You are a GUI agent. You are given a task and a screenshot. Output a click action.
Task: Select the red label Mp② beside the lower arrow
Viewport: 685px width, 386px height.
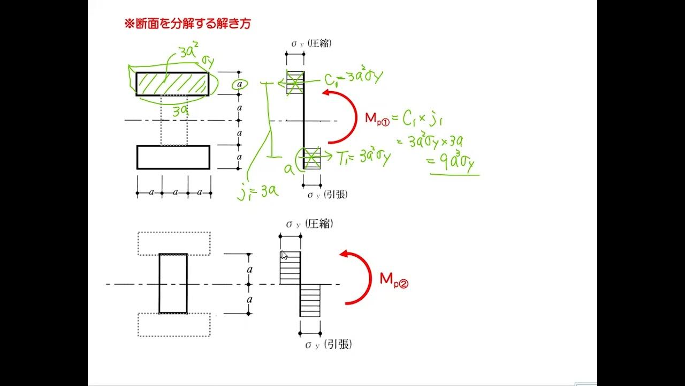coord(394,279)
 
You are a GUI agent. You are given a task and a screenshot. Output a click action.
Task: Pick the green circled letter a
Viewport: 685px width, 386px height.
coord(240,85)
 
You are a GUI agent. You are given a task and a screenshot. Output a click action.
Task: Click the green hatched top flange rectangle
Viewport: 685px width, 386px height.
coord(172,84)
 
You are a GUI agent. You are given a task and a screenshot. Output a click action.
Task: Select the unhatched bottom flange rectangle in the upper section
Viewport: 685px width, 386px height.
coord(173,157)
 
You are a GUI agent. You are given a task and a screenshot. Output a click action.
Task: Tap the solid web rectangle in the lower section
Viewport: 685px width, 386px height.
coord(173,283)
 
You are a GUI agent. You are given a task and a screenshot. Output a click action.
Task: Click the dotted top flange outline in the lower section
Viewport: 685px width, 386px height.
coord(174,243)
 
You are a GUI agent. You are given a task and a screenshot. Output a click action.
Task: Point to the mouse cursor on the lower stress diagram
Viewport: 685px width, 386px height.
coord(284,255)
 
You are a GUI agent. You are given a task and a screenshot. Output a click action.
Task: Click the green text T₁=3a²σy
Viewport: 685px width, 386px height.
coord(363,157)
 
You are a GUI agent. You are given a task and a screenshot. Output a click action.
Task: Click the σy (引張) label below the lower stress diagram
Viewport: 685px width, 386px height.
coord(329,345)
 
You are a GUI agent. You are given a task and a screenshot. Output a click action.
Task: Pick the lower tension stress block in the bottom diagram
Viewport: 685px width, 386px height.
coord(310,300)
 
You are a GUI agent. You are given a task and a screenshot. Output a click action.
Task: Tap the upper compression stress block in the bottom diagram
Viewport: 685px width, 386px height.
coord(290,268)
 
